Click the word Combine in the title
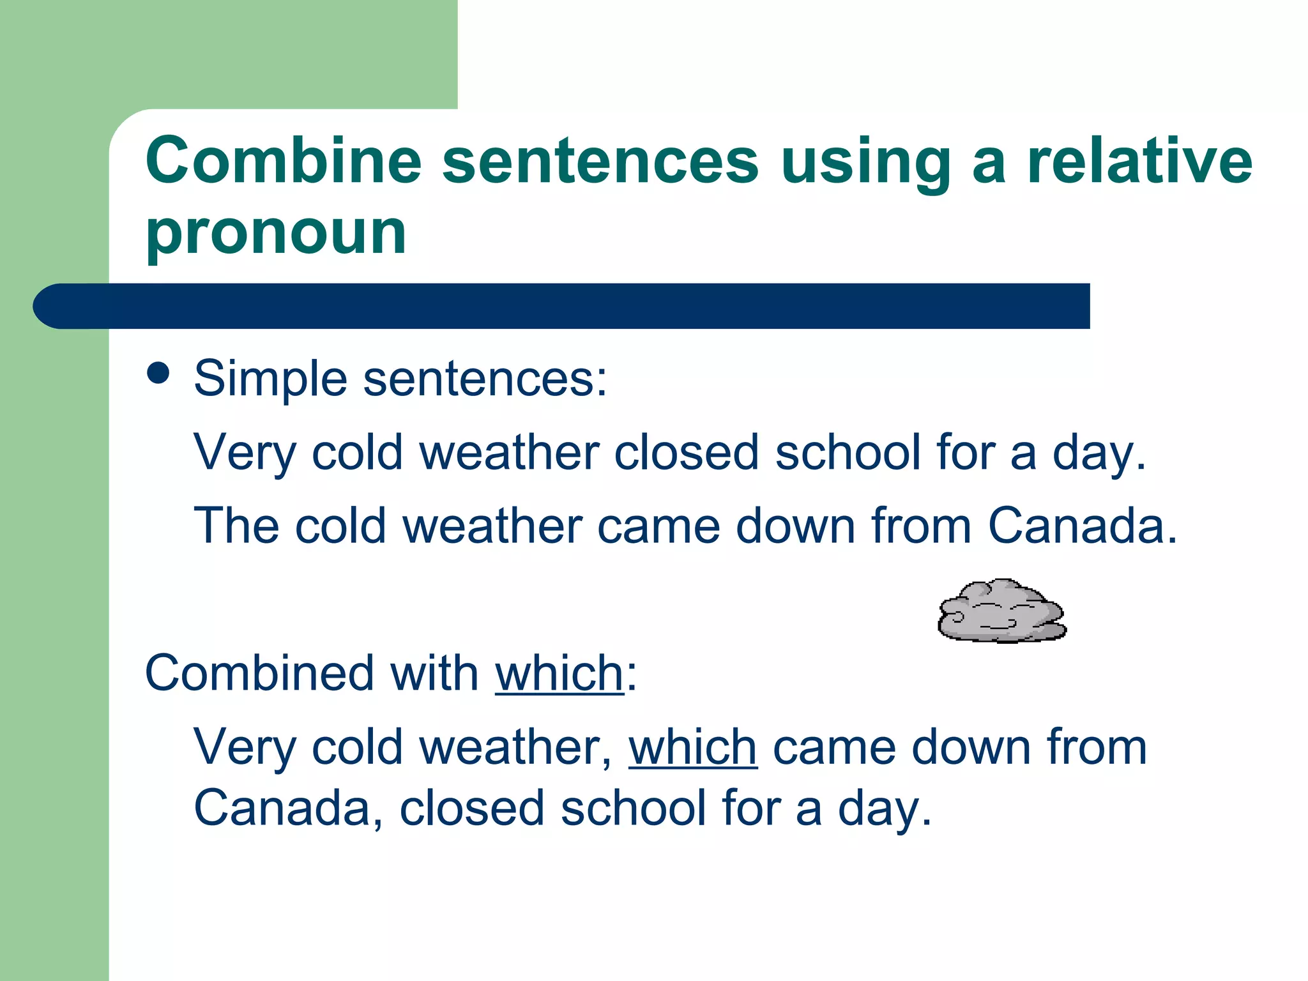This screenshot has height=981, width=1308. point(284,160)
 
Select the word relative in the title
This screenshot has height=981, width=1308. point(1139,160)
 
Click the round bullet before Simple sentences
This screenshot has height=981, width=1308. point(158,373)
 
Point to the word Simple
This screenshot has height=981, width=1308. point(270,379)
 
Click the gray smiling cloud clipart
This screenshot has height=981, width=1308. point(1001,611)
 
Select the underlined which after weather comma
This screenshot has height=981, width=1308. point(693,747)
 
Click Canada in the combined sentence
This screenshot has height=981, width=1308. point(282,809)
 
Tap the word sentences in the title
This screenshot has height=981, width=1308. point(600,160)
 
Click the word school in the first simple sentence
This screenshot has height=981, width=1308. point(848,453)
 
